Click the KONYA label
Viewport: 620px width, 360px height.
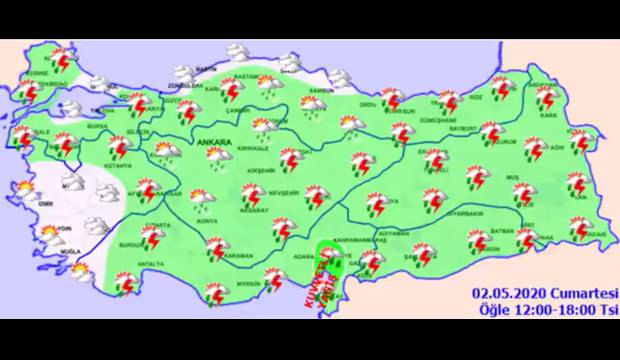point(208,220)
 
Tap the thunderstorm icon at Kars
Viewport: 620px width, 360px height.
point(546,98)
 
